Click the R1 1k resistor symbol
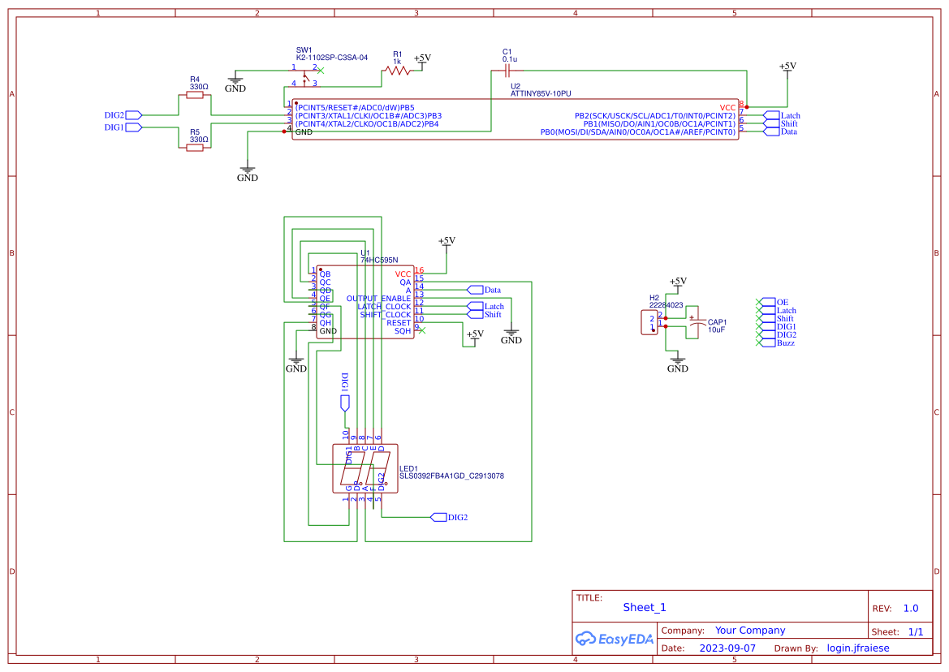point(397,71)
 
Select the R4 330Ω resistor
point(195,95)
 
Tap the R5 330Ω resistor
point(195,148)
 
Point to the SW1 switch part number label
point(332,58)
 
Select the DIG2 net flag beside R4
point(133,114)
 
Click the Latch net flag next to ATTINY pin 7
point(771,115)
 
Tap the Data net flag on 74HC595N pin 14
point(474,290)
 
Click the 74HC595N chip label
point(380,261)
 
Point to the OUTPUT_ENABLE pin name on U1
point(378,298)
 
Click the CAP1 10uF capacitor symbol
point(693,322)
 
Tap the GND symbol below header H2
point(677,363)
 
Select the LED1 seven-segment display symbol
point(365,468)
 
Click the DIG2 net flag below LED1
point(438,517)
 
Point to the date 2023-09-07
point(727,648)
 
